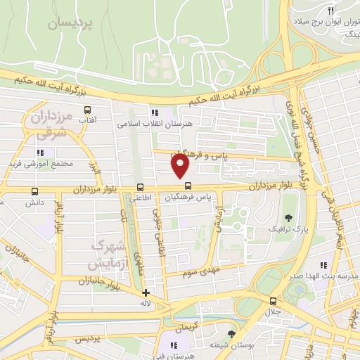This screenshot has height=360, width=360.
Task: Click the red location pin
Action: tap(181, 166)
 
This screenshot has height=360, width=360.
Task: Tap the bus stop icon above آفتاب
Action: tap(87, 110)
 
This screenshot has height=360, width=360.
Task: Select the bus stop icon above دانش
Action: tap(34, 191)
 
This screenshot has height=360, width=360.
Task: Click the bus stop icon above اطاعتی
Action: tap(141, 187)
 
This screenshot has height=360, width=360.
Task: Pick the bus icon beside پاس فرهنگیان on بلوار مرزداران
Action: tap(188, 186)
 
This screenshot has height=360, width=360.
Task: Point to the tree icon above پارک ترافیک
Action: tap(288, 217)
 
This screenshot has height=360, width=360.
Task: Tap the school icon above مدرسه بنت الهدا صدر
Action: tap(323, 265)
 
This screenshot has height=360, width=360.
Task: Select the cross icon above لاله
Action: tap(146, 292)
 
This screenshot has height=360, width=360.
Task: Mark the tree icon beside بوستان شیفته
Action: tap(231, 333)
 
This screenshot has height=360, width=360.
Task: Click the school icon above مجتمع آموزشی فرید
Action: tap(40, 152)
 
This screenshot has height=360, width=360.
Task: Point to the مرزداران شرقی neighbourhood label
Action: tap(51, 124)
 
